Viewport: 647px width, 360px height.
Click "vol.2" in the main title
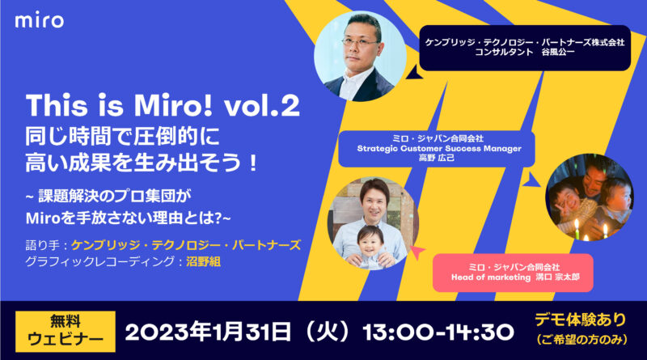point(262,106)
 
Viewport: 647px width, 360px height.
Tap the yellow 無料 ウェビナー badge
point(66,332)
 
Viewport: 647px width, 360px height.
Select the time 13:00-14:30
point(438,332)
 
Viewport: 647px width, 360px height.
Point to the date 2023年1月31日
point(208,332)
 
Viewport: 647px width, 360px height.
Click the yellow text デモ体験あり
point(581,320)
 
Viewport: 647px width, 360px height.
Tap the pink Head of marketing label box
point(513,273)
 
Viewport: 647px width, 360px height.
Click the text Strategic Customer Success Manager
point(439,148)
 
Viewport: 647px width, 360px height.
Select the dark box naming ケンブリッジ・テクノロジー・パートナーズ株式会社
point(525,48)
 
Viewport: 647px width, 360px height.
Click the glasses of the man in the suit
point(360,42)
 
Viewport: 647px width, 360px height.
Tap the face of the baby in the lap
point(370,241)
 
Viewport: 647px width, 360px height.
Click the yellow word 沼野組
point(204,262)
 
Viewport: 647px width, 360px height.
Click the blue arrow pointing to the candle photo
point(533,178)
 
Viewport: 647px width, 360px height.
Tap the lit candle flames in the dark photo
point(590,231)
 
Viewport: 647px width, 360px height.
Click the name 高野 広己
point(437,158)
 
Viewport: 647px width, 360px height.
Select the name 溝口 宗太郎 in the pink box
point(558,277)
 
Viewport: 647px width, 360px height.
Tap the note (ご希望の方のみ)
point(581,340)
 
